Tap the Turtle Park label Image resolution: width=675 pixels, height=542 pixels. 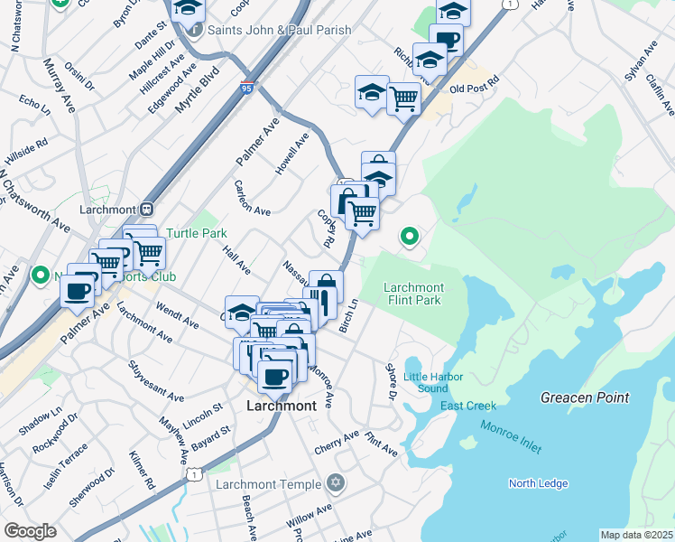point(196,233)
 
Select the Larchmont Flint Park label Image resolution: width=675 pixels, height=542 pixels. point(414,294)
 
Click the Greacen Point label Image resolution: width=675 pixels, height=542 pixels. point(584,397)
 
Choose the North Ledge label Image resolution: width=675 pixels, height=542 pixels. point(538,483)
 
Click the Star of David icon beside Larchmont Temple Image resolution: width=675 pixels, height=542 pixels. point(337,483)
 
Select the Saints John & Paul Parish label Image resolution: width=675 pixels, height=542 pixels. point(279,30)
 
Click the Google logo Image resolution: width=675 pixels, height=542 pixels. point(31,530)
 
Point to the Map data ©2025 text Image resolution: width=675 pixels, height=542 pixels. point(635,535)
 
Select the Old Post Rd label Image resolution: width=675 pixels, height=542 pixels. point(474,89)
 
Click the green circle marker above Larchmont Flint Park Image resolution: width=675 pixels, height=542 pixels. point(409,238)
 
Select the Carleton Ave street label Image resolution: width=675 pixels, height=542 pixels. point(252,198)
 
